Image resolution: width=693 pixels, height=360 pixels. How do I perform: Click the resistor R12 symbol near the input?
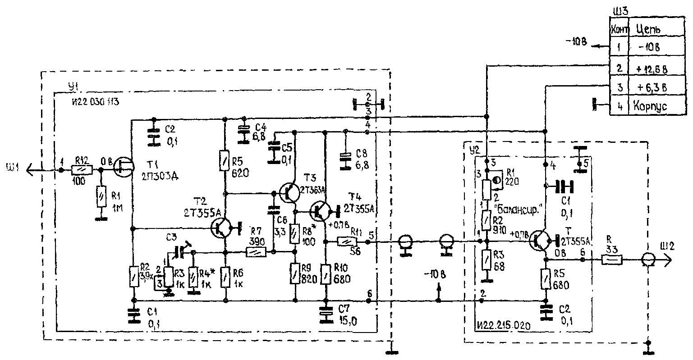82,170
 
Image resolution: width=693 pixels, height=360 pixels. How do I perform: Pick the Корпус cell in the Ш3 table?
649,107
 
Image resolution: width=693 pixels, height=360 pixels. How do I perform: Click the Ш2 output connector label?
659,247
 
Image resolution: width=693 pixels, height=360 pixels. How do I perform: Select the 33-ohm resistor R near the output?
612,260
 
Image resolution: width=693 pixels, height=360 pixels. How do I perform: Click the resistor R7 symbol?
256,252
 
